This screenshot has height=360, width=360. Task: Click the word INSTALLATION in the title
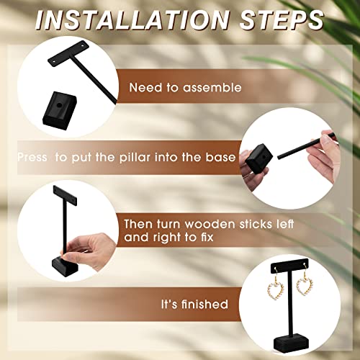132,20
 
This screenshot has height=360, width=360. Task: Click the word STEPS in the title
282,20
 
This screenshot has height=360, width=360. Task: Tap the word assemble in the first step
212,88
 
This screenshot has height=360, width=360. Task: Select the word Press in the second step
32,158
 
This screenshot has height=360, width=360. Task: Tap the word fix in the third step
207,237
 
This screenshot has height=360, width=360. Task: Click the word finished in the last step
204,304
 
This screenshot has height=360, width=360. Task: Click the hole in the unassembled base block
60,105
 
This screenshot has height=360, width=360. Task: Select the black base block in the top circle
60,111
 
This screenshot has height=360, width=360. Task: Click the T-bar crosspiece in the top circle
68,53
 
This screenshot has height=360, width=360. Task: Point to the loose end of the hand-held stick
279,158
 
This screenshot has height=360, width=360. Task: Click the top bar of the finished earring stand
289,265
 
